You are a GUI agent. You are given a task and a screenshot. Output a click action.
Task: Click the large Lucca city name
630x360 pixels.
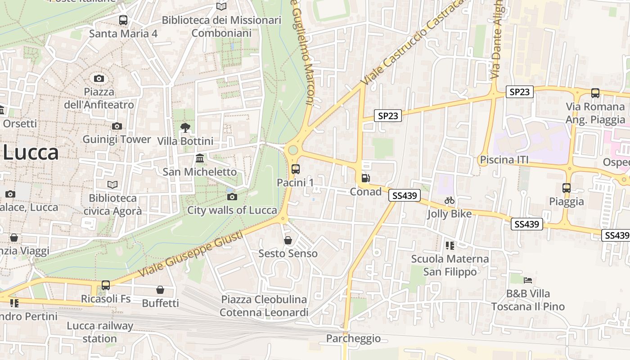click(x=31, y=153)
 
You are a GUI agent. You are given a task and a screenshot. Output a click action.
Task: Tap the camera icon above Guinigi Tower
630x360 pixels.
click(x=117, y=126)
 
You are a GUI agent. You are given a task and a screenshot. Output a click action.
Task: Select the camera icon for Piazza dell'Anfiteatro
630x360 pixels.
click(x=99, y=79)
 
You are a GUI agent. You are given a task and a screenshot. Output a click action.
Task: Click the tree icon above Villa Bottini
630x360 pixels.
click(x=185, y=128)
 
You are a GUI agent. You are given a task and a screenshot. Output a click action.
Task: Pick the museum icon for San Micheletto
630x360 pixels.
click(x=200, y=158)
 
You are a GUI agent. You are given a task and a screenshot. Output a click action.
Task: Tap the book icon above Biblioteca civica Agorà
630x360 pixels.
click(x=112, y=184)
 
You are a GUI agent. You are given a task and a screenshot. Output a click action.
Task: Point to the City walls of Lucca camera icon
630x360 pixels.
click(x=232, y=197)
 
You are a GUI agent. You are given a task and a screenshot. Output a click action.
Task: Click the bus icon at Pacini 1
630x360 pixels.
click(x=295, y=169)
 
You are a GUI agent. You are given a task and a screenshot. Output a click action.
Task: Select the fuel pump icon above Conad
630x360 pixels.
click(x=366, y=178)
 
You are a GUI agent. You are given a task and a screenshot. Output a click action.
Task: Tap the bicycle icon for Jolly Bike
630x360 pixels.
click(x=450, y=200)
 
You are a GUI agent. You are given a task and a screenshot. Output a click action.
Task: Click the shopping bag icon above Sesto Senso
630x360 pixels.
click(x=288, y=240)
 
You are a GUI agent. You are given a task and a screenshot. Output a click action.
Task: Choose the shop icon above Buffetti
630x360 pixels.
click(x=160, y=290)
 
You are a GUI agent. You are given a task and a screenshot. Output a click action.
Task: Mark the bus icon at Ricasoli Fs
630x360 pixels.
click(x=106, y=285)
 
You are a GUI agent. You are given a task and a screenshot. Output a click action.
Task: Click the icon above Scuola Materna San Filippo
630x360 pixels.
click(x=450, y=245)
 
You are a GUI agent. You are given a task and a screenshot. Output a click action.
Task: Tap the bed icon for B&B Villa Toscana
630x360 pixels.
click(x=528, y=280)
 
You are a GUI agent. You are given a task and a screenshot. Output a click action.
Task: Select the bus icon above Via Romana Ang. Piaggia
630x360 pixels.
click(x=595, y=93)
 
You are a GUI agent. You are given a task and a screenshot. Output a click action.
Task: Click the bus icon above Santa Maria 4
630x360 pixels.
click(x=123, y=20)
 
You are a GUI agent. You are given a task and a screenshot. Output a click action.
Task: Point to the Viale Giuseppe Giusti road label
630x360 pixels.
click(x=191, y=254)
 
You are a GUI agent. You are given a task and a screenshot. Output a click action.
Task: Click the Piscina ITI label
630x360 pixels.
click(x=504, y=160)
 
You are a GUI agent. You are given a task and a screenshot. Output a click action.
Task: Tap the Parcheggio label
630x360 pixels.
click(x=353, y=338)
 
